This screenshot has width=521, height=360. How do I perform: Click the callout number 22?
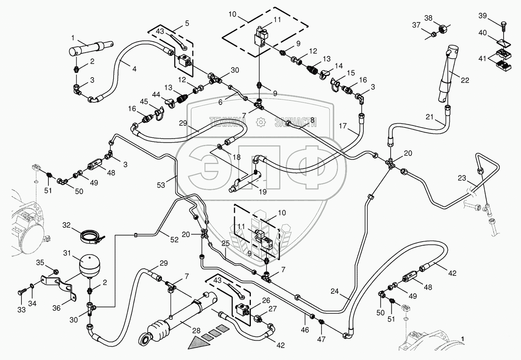[x=465, y=80]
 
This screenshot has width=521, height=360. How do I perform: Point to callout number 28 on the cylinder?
[x=196, y=331]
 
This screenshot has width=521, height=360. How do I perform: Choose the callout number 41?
[x=482, y=58]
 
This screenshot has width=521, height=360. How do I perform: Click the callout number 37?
[x=416, y=25]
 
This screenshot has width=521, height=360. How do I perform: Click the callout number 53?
[x=161, y=185]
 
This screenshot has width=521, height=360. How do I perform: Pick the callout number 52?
[x=174, y=239]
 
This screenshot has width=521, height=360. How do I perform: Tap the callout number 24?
[x=335, y=291]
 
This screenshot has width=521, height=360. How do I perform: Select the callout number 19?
[x=262, y=192]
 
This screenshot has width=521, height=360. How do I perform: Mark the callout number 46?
[x=304, y=330]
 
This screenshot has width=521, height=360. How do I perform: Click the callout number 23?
[x=462, y=178]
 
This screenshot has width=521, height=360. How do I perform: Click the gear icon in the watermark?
[x=261, y=123]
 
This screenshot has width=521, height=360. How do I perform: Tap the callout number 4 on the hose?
[x=134, y=69]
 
